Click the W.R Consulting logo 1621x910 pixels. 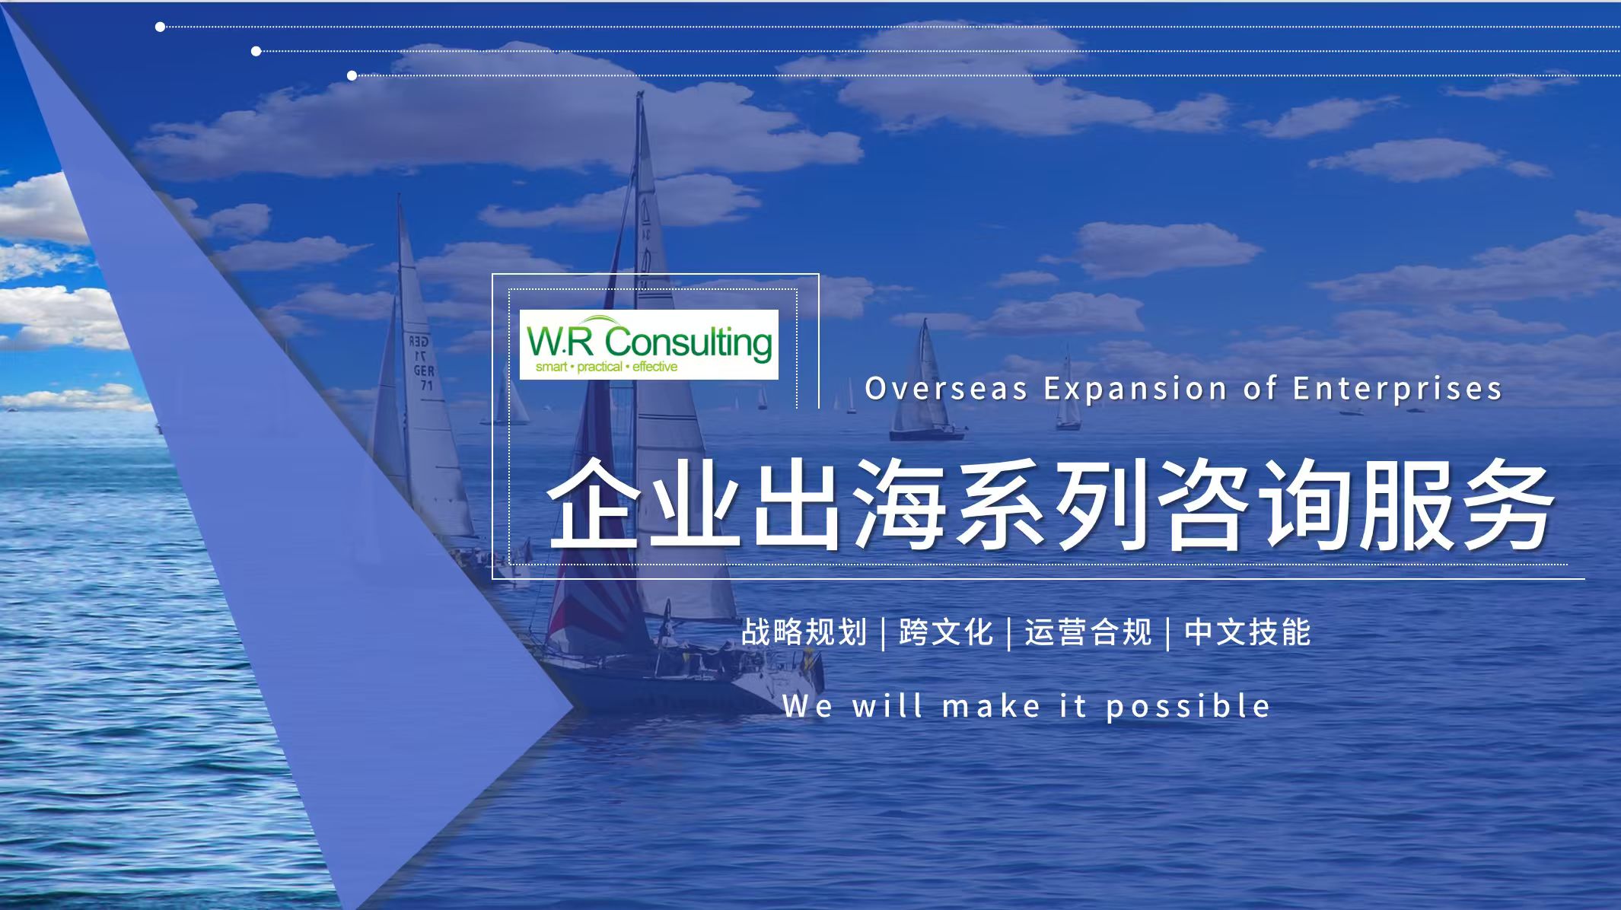pyautogui.click(x=648, y=345)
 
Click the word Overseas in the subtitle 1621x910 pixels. pyautogui.click(x=947, y=389)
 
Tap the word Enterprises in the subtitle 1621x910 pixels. pyautogui.click(x=1397, y=390)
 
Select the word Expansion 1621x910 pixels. pyautogui.click(x=1135, y=390)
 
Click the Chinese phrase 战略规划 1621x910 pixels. pyautogui.click(x=804, y=632)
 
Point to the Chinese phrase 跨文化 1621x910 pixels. pyautogui.click(x=946, y=632)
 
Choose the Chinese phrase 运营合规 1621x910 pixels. pyautogui.click(x=1088, y=632)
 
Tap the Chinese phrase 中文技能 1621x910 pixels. pyautogui.click(x=1247, y=632)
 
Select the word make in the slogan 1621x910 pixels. pyautogui.click(x=992, y=707)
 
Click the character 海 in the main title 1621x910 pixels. pyautogui.click(x=900, y=505)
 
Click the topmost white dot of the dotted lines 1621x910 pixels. pyautogui.click(x=160, y=27)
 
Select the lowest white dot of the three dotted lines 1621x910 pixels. pyautogui.click(x=352, y=75)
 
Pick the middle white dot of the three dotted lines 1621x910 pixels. pyautogui.click(x=256, y=51)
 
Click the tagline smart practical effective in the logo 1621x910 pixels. pyautogui.click(x=607, y=367)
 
